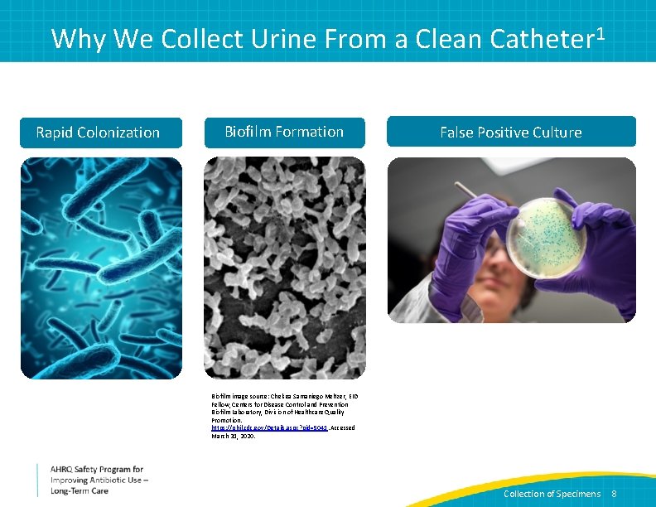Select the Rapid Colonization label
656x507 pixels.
(x=98, y=133)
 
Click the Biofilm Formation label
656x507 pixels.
(x=284, y=132)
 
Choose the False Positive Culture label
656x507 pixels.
(x=510, y=133)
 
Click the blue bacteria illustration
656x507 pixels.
(x=101, y=268)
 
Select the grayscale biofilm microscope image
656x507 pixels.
(x=284, y=268)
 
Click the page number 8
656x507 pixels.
(x=614, y=494)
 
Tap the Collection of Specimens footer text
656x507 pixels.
(x=552, y=494)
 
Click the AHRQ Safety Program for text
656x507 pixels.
(x=97, y=469)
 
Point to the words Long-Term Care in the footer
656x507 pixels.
(x=80, y=491)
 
